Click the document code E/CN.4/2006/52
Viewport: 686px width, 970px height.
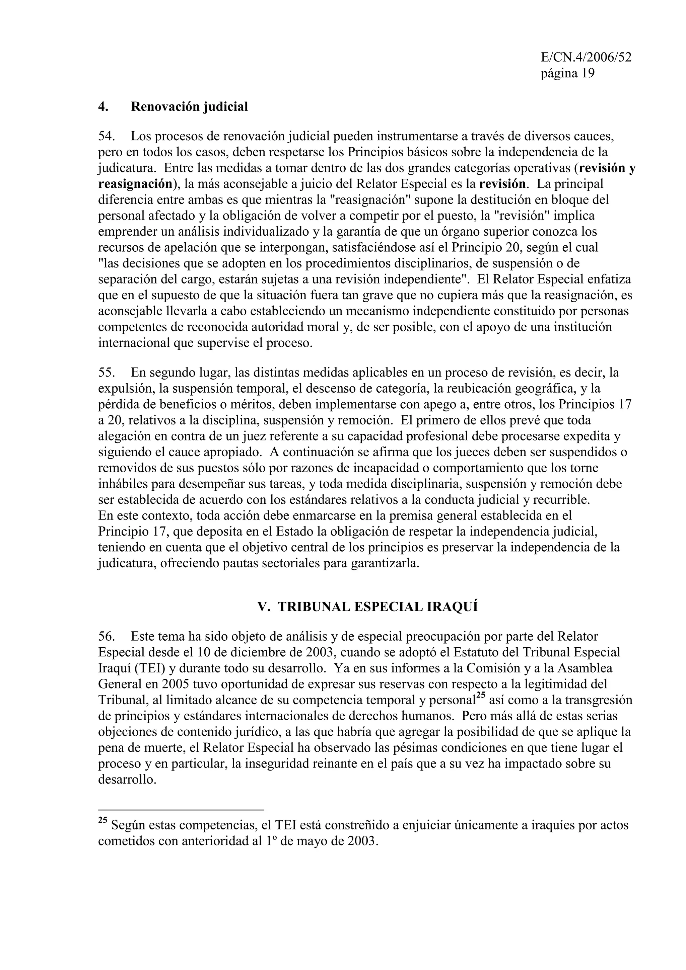point(586,58)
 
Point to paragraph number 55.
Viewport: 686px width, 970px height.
point(106,372)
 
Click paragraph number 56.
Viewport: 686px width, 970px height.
point(106,636)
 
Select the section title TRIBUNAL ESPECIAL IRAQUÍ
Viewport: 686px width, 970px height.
point(368,607)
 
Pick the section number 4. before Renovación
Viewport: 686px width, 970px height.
point(103,106)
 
